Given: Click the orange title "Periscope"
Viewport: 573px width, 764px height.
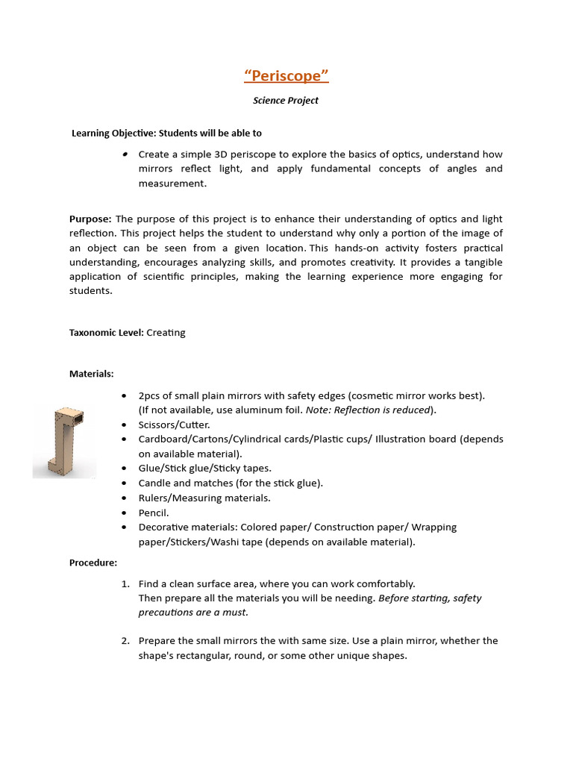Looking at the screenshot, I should (x=286, y=76).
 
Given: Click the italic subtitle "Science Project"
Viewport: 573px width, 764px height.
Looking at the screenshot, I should (x=286, y=101).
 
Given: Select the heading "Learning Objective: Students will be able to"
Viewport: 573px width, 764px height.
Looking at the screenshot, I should (x=166, y=134).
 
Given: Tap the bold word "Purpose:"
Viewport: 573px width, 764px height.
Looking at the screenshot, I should (x=91, y=219).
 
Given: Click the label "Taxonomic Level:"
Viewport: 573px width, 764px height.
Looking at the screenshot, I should (x=107, y=333).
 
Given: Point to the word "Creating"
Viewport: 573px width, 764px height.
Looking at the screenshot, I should (x=166, y=333).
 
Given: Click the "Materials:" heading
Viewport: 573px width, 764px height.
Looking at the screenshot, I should (x=92, y=373).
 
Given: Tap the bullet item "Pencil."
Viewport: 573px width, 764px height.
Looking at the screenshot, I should (x=154, y=513).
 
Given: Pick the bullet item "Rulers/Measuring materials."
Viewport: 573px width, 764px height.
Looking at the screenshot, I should (x=204, y=498).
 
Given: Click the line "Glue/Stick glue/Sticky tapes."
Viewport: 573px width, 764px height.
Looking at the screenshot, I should (x=205, y=469).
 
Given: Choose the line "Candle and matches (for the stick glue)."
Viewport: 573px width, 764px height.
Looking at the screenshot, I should (x=231, y=483).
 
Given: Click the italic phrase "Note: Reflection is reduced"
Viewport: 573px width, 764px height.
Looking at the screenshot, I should (x=368, y=410).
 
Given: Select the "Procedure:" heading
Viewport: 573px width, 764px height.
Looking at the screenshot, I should (x=93, y=563).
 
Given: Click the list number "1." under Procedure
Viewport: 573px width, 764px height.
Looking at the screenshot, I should (x=125, y=584).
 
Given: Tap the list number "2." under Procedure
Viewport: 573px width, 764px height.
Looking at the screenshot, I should (x=125, y=641).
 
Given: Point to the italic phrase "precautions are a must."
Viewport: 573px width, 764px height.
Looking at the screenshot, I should (x=193, y=613).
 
